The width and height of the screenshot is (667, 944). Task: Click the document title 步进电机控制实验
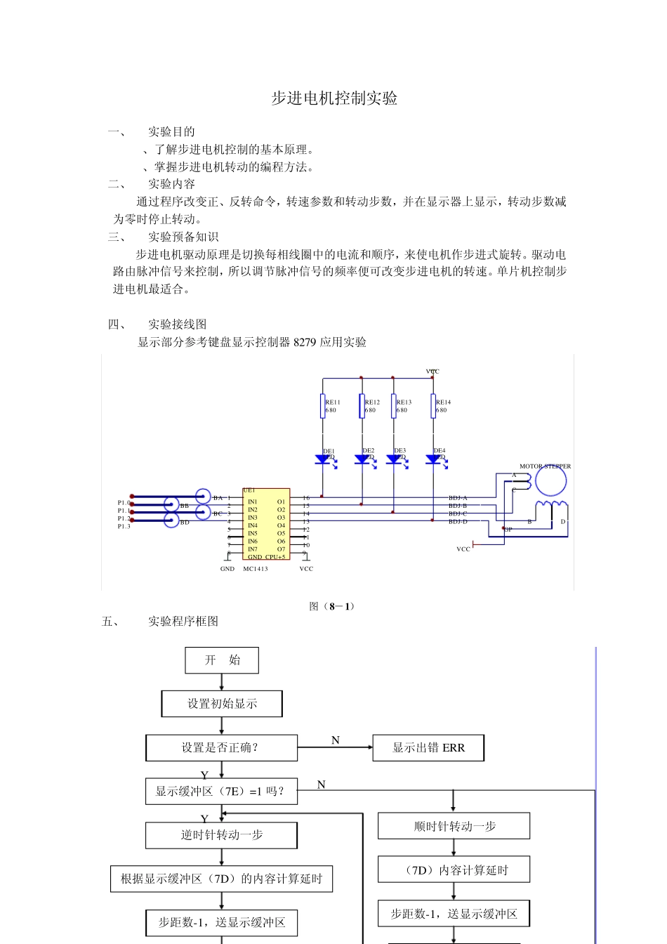click(334, 98)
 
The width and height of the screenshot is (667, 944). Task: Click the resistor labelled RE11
click(323, 406)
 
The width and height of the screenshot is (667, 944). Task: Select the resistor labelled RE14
click(433, 406)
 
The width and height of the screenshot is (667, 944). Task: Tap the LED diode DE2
click(362, 459)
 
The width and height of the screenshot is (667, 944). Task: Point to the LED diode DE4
click(433, 459)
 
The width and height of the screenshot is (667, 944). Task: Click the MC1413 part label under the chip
click(256, 569)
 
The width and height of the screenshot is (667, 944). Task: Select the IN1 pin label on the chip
click(253, 501)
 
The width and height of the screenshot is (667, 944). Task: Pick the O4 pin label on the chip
click(281, 525)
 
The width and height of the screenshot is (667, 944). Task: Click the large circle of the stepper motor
click(550, 481)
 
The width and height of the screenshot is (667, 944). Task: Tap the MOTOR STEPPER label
click(545, 466)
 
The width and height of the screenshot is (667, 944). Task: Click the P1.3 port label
click(124, 526)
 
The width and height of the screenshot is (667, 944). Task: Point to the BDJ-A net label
click(458, 498)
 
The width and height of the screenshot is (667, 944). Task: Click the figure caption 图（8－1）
click(332, 606)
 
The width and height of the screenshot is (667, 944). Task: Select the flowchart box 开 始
click(222, 660)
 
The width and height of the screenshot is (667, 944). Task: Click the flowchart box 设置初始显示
click(222, 704)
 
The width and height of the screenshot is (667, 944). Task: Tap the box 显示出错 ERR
click(428, 748)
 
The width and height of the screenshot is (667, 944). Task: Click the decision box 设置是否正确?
click(221, 748)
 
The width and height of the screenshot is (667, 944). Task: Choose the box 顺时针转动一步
click(454, 827)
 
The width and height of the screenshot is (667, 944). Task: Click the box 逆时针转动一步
click(221, 835)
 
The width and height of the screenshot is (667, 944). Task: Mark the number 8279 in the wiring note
click(305, 342)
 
